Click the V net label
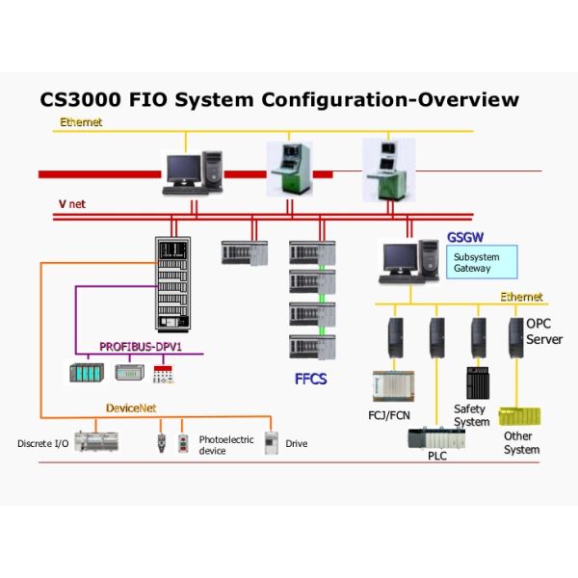[x=71, y=204]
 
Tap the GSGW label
[x=464, y=237]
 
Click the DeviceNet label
[x=131, y=408]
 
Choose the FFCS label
[x=310, y=379]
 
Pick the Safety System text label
[x=471, y=415]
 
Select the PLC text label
[x=437, y=456]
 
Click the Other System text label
[x=521, y=443]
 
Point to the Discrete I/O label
[x=42, y=444]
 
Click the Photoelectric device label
[x=226, y=445]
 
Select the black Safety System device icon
[x=478, y=382]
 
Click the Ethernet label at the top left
[x=81, y=122]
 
